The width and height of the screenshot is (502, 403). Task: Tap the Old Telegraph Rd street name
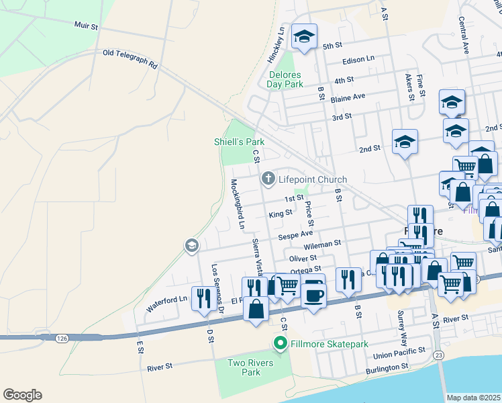(x=130, y=59)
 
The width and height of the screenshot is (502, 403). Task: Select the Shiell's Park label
(x=239, y=142)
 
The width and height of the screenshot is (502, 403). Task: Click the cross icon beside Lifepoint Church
(x=268, y=179)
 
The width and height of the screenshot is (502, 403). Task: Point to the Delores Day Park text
(x=285, y=79)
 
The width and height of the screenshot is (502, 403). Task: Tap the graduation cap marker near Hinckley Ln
(x=304, y=37)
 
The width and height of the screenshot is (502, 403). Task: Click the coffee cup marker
(x=313, y=294)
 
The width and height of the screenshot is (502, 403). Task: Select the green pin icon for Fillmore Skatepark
(x=281, y=344)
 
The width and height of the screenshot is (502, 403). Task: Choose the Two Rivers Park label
(x=243, y=367)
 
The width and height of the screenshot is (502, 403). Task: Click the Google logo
(x=22, y=395)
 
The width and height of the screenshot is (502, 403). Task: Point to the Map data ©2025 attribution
(x=473, y=398)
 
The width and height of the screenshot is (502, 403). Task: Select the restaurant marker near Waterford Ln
(x=203, y=298)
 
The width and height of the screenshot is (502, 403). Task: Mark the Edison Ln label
(x=358, y=60)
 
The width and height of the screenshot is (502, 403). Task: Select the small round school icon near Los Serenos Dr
(x=191, y=247)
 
